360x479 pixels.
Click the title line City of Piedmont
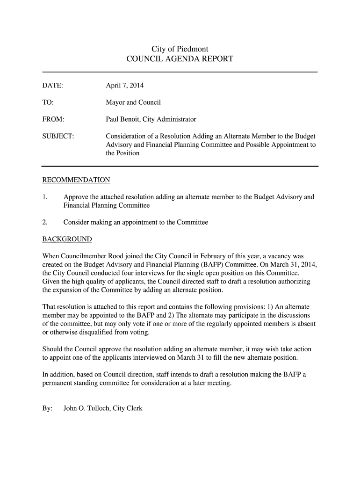point(180,49)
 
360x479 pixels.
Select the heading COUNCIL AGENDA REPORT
point(180,59)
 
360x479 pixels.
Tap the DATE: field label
point(53,86)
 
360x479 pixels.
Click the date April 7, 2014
point(125,86)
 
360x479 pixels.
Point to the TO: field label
point(48,102)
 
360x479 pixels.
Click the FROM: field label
point(53,119)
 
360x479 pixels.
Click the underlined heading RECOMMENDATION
point(76,180)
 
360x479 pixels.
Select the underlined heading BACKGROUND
point(67,239)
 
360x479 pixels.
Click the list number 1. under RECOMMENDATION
point(45,197)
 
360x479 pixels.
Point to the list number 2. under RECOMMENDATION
point(45,222)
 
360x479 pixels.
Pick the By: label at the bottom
point(47,408)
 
